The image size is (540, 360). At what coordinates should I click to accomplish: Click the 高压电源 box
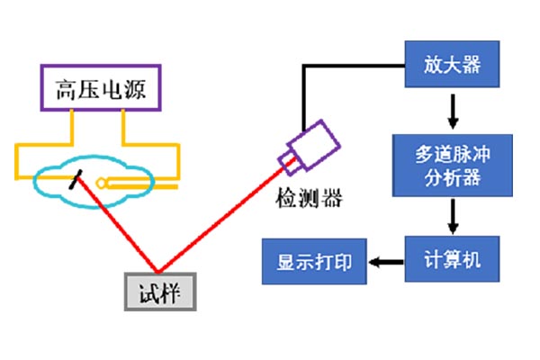point(100,87)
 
